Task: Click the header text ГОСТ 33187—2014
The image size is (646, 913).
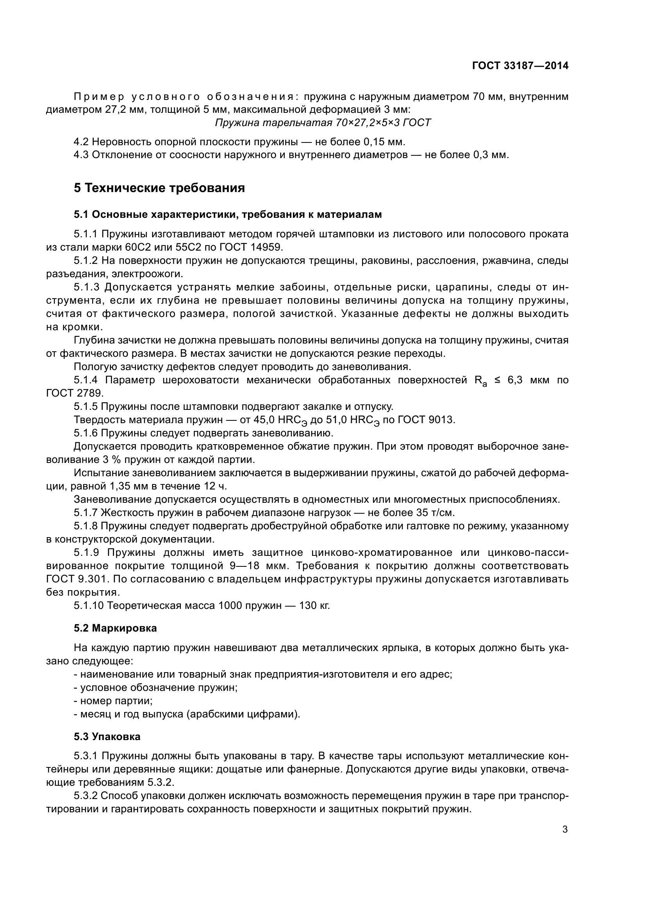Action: tap(520, 66)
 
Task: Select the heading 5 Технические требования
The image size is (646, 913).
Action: tap(159, 188)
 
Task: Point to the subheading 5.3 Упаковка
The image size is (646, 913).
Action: tap(107, 737)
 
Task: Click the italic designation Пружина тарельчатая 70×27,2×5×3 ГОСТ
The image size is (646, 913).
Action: tap(323, 123)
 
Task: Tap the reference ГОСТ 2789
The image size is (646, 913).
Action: tap(74, 393)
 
